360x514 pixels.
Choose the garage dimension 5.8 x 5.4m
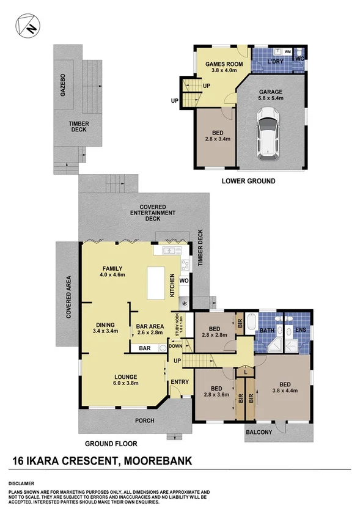tap(270, 98)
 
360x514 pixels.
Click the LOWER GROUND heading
tap(248, 181)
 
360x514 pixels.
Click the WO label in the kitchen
tap(183, 281)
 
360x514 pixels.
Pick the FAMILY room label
tap(112, 268)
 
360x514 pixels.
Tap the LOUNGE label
tap(124, 376)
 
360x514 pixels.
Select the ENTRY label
tap(180, 382)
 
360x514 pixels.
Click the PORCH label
tap(145, 420)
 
